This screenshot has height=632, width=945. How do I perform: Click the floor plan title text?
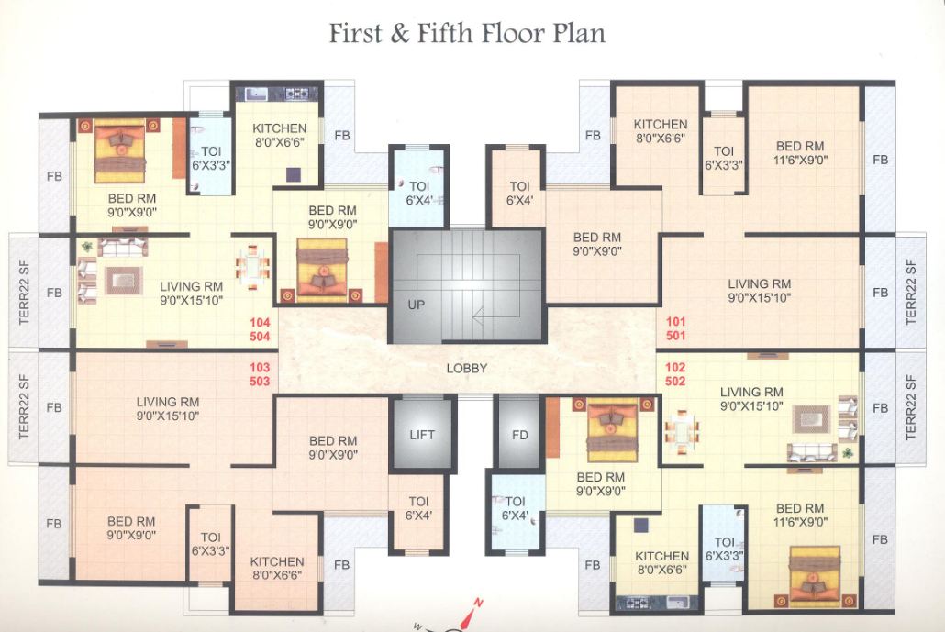click(467, 34)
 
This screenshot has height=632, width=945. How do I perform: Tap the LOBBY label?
click(467, 369)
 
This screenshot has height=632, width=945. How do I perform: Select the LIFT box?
click(422, 435)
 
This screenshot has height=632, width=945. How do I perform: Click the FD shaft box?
click(519, 435)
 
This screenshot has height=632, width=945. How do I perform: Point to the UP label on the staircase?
click(417, 305)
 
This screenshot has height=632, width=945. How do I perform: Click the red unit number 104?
click(260, 323)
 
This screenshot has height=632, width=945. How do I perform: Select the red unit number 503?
click(260, 381)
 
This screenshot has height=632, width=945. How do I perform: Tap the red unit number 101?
click(676, 323)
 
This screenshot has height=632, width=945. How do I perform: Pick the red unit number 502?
click(676, 381)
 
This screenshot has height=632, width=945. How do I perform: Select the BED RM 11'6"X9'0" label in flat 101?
click(800, 152)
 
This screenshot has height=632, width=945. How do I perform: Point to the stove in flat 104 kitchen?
click(295, 93)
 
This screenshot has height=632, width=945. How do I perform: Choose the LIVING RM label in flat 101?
click(760, 290)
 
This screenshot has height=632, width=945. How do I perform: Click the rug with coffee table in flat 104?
click(123, 279)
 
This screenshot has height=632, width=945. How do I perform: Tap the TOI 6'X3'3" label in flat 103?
click(210, 544)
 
